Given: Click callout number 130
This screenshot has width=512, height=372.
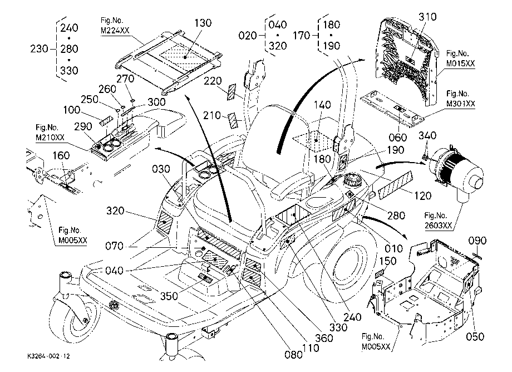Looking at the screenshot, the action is [x=203, y=23].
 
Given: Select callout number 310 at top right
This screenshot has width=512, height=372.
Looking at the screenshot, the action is [x=428, y=16].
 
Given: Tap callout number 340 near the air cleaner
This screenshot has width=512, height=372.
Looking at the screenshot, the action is [x=427, y=135].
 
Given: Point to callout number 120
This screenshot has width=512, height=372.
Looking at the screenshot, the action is [x=423, y=196].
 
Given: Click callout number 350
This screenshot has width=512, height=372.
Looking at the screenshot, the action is [x=169, y=296].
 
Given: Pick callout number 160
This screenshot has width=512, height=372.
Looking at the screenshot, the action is [x=61, y=155].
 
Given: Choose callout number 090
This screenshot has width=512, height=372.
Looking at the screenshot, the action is [x=477, y=241].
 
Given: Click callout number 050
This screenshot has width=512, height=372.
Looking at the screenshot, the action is [x=475, y=336].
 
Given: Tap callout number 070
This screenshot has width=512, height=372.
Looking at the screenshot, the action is [x=114, y=246].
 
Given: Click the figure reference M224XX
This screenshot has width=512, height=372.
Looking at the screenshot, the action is [x=115, y=31].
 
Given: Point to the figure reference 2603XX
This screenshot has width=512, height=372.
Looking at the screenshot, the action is [x=438, y=226].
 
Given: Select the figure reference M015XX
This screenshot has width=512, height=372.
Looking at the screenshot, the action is [x=460, y=63].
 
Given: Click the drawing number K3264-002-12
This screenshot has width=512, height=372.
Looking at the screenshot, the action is [x=48, y=356].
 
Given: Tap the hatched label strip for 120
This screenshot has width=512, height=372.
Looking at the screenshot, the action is [x=395, y=185].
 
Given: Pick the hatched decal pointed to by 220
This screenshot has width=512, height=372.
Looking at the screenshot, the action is [x=232, y=92].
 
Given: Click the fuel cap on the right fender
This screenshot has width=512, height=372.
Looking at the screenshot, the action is [x=353, y=180].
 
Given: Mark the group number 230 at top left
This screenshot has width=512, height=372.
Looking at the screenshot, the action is [x=39, y=49].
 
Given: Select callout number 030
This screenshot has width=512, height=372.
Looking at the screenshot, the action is [x=161, y=169].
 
